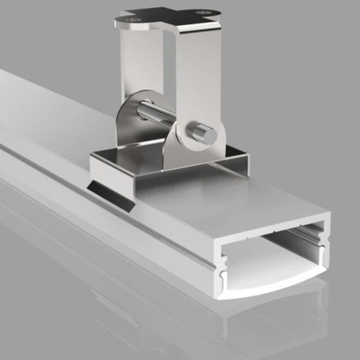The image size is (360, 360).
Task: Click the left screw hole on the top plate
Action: pyautogui.click(x=135, y=22)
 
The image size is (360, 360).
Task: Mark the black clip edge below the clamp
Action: pyautogui.click(x=110, y=195)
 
